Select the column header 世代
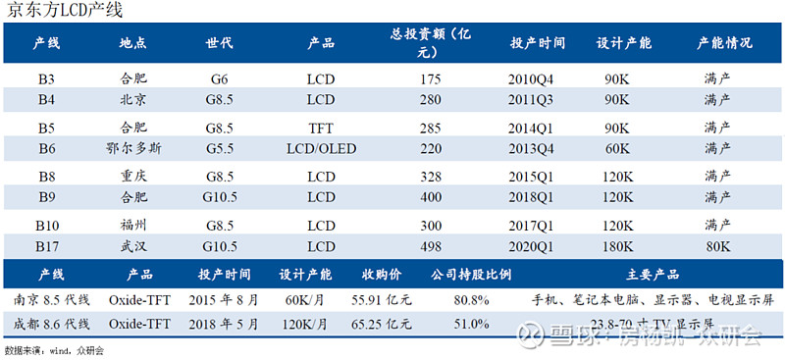pyautogui.click(x=220, y=44)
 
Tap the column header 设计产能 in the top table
pyautogui.click(x=623, y=44)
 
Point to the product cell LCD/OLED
pyautogui.click(x=321, y=147)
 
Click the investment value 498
pyautogui.click(x=428, y=245)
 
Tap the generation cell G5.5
pyautogui.click(x=220, y=147)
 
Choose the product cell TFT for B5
pyautogui.click(x=321, y=127)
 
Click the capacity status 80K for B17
pyautogui.click(x=717, y=245)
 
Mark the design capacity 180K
pyautogui.click(x=616, y=245)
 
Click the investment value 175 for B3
pyautogui.click(x=428, y=77)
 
